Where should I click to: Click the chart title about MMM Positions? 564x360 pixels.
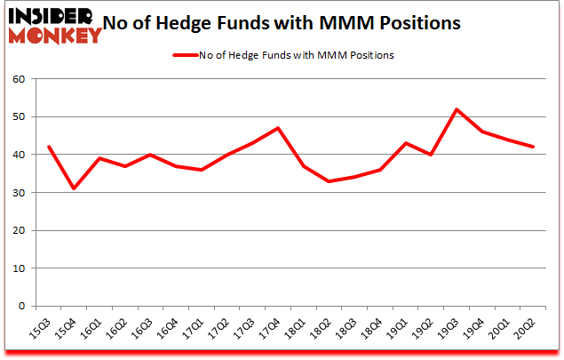(282, 23)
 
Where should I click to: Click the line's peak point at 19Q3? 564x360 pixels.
(457, 109)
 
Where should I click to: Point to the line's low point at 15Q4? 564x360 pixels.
(74, 188)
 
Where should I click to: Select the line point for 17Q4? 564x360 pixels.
(278, 128)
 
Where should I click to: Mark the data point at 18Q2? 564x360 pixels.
(329, 181)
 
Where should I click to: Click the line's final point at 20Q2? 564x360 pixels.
(533, 147)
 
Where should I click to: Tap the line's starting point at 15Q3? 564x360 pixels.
(49, 147)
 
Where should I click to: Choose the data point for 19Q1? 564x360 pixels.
(405, 143)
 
